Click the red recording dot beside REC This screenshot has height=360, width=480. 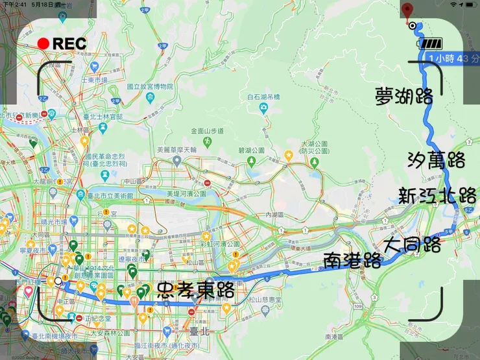tap(43, 44)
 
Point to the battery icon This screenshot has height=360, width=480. tap(431, 44)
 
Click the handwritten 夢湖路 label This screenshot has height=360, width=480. tap(405, 97)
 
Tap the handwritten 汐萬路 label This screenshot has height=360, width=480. tap(437, 160)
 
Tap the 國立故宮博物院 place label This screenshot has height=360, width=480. tap(150, 86)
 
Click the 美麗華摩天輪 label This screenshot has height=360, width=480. tap(176, 149)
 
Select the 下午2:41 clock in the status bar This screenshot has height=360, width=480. tap(14, 5)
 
